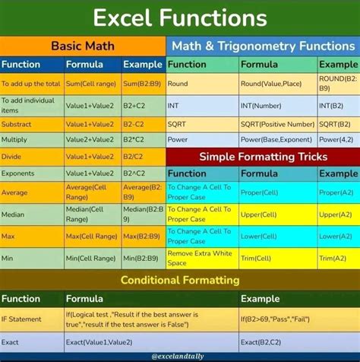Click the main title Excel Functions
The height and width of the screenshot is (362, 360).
pos(180,17)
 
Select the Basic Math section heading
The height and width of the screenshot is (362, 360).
pos(82,46)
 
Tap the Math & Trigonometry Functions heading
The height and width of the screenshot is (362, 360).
pos(263,46)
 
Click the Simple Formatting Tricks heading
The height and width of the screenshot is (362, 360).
pos(263,157)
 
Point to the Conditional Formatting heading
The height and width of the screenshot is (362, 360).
pos(180,280)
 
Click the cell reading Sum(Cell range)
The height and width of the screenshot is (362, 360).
pos(90,83)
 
